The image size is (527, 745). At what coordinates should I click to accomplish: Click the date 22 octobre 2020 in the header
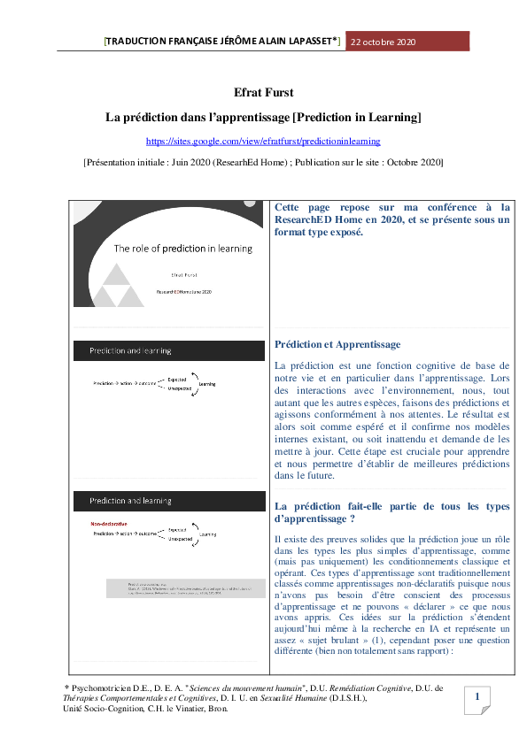click(384, 42)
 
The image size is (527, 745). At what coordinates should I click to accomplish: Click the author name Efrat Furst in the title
click(263, 92)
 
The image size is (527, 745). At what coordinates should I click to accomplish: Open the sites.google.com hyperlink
click(263, 141)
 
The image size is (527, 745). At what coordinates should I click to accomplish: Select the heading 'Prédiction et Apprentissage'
click(337, 344)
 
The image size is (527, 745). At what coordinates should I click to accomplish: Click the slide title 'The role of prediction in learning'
click(182, 249)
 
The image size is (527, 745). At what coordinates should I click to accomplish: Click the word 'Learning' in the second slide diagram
click(207, 383)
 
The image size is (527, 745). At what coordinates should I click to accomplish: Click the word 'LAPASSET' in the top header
click(306, 42)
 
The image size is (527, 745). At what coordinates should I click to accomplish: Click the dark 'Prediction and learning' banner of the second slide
click(169, 351)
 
